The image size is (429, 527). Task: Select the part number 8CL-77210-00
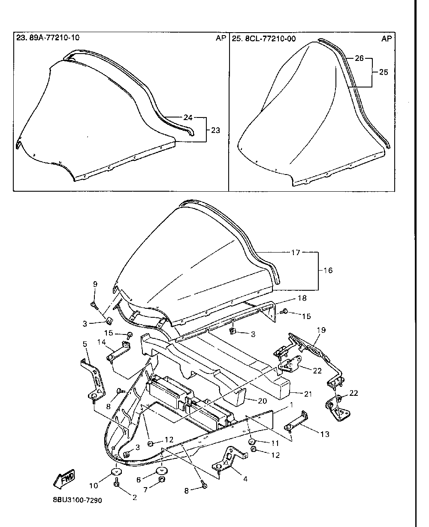269,39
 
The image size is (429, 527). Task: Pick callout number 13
325,434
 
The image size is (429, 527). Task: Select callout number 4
245,479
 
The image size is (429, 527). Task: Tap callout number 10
94,485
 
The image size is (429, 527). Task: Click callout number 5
84,344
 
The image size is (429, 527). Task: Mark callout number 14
101,342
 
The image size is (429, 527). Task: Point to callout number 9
95,284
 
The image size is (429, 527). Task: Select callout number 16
328,271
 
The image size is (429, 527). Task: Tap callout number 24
187,117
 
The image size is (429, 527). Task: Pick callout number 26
360,58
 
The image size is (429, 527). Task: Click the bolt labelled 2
116,484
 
